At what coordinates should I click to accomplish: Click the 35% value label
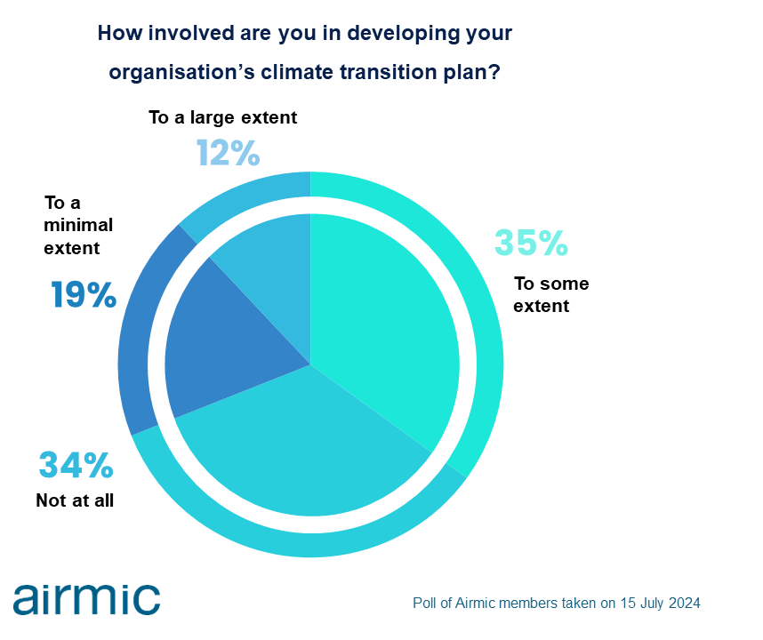[x=531, y=242]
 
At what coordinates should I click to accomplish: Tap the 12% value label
[x=228, y=153]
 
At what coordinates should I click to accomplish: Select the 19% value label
[x=84, y=294]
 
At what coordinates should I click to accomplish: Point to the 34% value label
[x=76, y=465]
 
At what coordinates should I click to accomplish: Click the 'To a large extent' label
[x=223, y=117]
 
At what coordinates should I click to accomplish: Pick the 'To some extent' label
[x=551, y=295]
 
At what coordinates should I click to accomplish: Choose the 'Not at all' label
[x=75, y=500]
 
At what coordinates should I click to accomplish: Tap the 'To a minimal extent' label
[x=78, y=225]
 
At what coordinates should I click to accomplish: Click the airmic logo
[x=86, y=598]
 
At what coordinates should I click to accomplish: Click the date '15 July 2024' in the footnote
[x=661, y=603]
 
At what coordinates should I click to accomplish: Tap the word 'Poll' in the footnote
[x=424, y=603]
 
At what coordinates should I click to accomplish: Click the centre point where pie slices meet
[x=310, y=364]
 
